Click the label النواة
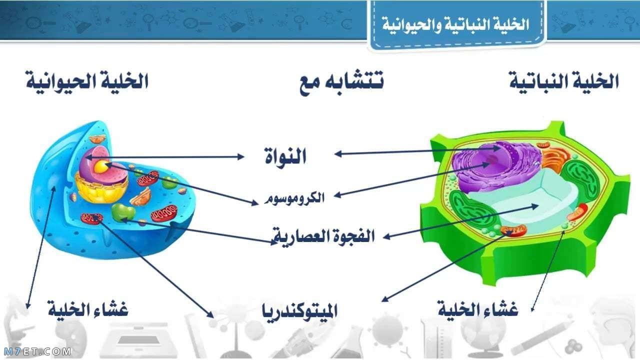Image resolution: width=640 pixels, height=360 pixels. pos(285,157)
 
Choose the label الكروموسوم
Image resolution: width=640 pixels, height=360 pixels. pos(295,198)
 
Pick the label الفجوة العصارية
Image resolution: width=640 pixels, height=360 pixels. pos(323,235)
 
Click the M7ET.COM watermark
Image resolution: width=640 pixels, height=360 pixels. pos(37,352)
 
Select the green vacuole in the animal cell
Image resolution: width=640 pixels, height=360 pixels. pos(122,212)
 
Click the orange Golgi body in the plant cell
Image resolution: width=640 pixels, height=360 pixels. pos(552,158)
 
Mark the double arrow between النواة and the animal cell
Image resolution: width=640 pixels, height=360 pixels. pos(165,156)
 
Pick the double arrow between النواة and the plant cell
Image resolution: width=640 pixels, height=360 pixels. pos(417,151)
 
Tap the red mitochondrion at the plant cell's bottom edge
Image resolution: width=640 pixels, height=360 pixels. pos(514,230)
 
